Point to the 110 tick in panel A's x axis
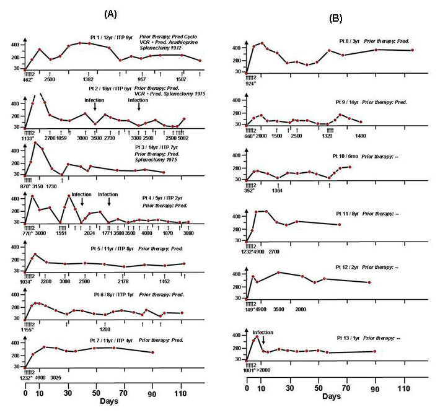click(181, 393)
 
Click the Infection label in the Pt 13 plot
click(263, 332)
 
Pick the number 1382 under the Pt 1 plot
click(89, 80)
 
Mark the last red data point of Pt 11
click(340, 224)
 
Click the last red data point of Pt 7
click(153, 352)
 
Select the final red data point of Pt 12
click(369, 282)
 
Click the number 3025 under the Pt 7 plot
click(56, 377)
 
